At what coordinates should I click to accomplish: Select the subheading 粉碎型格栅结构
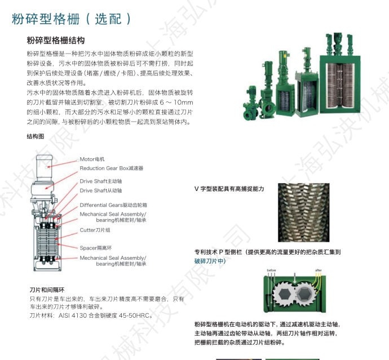[x=56, y=41]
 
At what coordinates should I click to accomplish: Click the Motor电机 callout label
[x=92, y=159]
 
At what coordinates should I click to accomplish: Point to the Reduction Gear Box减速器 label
[x=111, y=168]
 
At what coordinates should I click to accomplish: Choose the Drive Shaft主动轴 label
[x=100, y=181]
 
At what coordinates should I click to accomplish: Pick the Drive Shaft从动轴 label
[x=100, y=190]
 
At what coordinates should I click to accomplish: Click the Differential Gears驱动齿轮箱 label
[x=113, y=205]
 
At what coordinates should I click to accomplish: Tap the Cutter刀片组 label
[x=95, y=230]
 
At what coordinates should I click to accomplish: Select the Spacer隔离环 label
[x=96, y=247]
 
